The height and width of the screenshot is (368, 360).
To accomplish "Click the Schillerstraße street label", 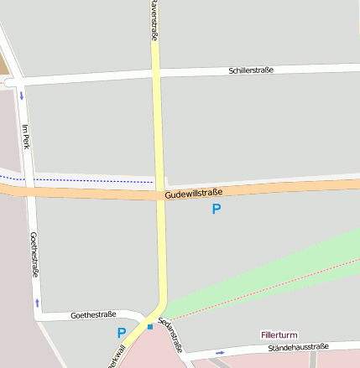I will [x=251, y=70].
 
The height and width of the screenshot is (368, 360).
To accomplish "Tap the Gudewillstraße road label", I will [x=194, y=194].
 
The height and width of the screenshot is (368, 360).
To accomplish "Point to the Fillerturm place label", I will [x=279, y=334].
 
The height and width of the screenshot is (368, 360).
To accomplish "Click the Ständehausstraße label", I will [x=298, y=346].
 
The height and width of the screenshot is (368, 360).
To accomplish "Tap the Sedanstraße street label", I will [x=170, y=339].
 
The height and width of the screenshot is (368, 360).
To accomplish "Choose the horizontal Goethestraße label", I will [x=94, y=315].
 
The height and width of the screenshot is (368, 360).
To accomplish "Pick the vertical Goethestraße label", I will [x=34, y=254].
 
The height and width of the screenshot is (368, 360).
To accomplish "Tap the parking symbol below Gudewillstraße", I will [x=217, y=209].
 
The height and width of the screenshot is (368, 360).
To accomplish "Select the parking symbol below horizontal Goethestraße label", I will [x=122, y=333].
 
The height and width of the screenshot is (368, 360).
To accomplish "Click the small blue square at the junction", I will [x=150, y=326].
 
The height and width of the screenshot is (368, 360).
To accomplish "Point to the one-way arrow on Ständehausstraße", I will [x=220, y=353].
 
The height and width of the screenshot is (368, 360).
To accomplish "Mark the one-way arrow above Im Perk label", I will [x=21, y=95].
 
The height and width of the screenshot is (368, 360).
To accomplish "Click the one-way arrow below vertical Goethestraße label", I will [x=37, y=301].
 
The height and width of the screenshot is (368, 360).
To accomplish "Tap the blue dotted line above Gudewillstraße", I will [x=84, y=180].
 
